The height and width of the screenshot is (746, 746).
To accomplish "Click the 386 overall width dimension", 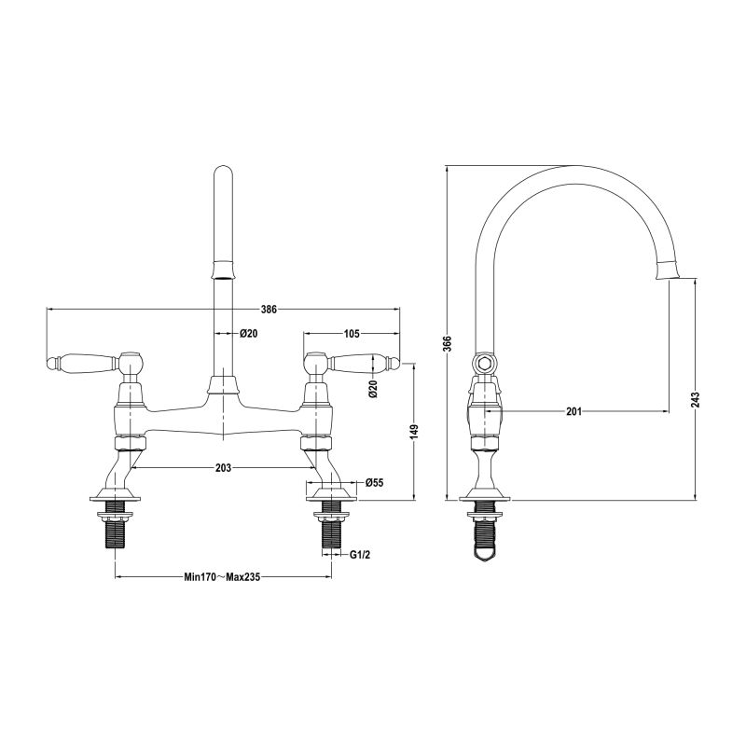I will pyautogui.click(x=269, y=310).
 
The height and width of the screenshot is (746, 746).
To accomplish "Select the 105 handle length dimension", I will pyautogui.click(x=352, y=333).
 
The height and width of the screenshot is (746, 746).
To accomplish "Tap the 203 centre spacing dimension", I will pyautogui.click(x=223, y=468).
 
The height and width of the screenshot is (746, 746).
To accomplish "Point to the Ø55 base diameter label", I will pyautogui.click(x=374, y=482).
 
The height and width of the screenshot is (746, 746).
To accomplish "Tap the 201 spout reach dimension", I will pyautogui.click(x=573, y=411).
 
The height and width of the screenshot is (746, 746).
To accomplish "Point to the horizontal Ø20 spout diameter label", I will pyautogui.click(x=248, y=334).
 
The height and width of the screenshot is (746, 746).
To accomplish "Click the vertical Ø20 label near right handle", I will pyautogui.click(x=373, y=389).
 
